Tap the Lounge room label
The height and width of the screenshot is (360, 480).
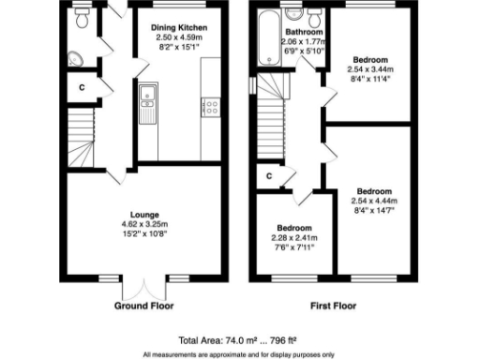click(144, 215)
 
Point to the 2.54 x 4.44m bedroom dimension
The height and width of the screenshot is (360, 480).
click(372, 200)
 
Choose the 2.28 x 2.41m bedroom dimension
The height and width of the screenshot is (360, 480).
click(294, 236)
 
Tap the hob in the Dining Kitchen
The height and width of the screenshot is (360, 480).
click(209, 106)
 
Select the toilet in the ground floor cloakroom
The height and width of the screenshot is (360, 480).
click(82, 19)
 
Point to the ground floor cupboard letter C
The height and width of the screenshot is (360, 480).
click(82, 87)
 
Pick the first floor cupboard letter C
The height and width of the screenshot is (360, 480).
click(269, 175)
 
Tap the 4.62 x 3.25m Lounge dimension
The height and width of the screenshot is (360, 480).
click(144, 225)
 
